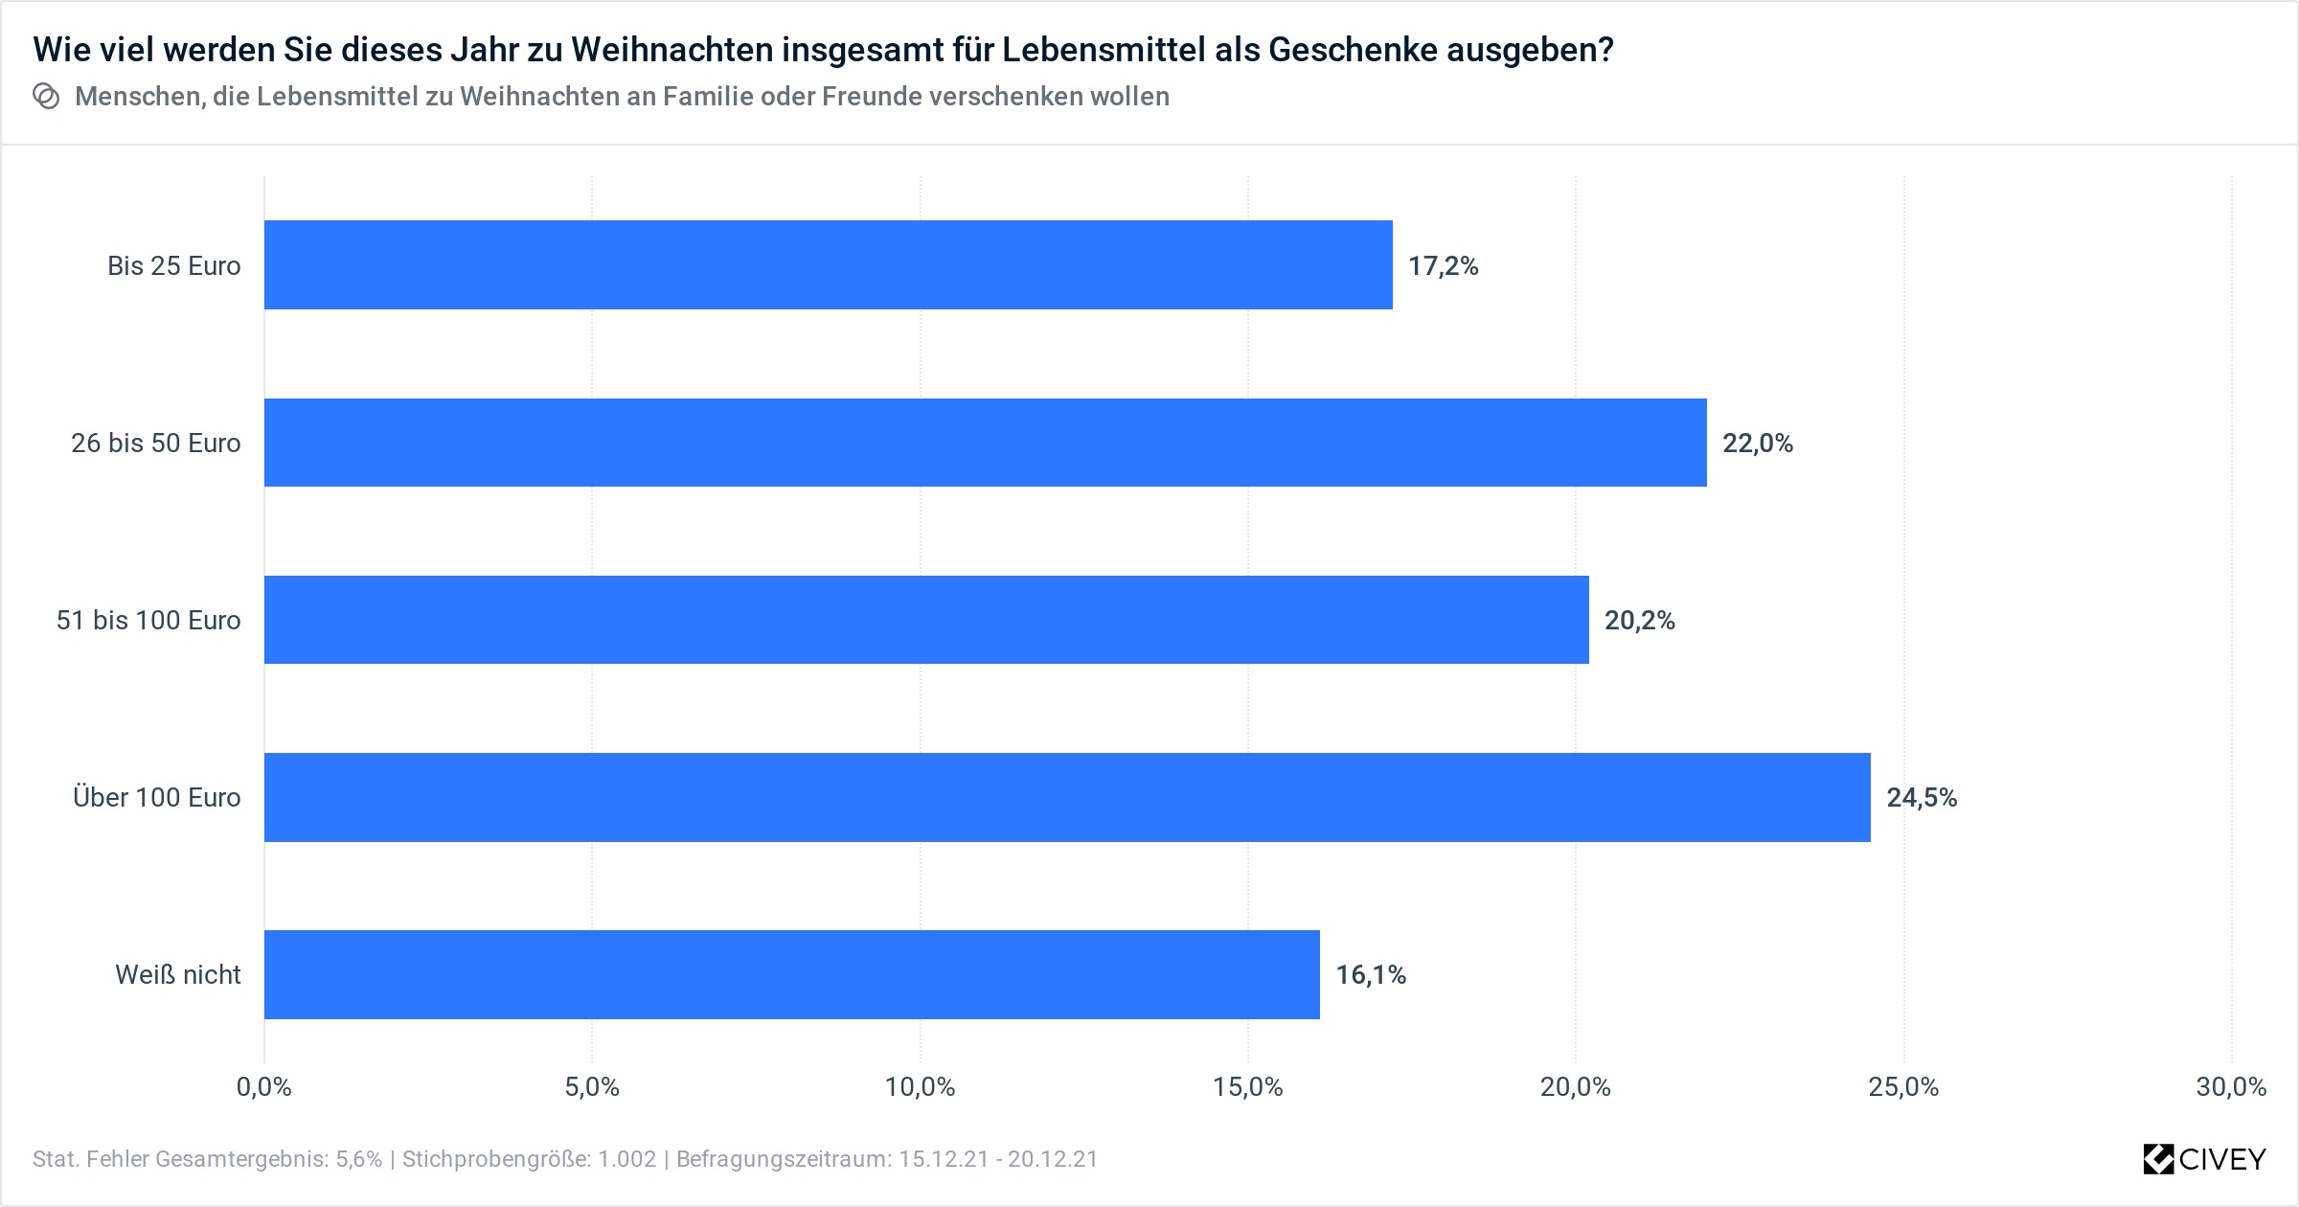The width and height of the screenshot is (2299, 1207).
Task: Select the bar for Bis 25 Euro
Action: point(828,265)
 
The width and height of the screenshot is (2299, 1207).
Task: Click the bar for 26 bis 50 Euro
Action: point(985,443)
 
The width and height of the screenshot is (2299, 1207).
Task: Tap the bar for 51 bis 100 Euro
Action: point(926,620)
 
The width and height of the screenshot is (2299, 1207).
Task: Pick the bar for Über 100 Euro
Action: point(1067,797)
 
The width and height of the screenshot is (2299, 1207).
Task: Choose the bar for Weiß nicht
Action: point(791,974)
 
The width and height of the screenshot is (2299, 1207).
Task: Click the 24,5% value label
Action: point(1922,798)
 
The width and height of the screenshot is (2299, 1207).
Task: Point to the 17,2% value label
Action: point(1443,266)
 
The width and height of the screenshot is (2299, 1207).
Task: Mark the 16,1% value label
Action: point(1371,975)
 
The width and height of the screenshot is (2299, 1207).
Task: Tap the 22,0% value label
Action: point(1758,444)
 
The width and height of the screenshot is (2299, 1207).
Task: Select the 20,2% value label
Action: point(1640,621)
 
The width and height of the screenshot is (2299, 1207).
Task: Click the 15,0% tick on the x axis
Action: point(1248,1087)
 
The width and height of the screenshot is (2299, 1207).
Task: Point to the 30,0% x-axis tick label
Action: point(2231,1087)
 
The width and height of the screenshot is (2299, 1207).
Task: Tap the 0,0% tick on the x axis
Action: point(264,1087)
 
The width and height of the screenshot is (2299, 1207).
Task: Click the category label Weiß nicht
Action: point(178,975)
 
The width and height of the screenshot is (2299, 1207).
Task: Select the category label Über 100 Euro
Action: point(157,798)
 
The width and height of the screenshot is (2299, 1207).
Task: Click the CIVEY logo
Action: point(2204,1159)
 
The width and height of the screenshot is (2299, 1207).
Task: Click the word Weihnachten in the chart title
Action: point(671,49)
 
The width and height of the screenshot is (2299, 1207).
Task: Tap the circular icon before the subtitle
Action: point(46,97)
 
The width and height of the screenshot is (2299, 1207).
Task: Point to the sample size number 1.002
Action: point(627,1159)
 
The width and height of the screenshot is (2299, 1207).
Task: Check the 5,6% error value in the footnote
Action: point(358,1159)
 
